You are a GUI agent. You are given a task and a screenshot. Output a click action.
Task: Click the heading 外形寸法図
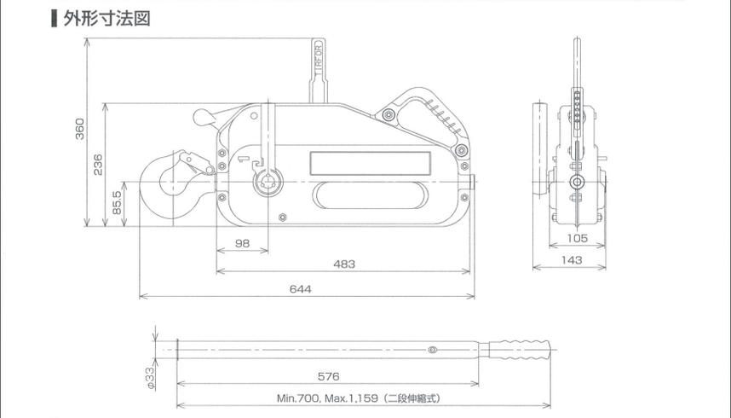coord(106,19)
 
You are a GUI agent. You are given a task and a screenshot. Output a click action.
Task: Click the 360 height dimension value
coord(79,128)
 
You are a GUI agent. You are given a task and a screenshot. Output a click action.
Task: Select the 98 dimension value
coord(242,244)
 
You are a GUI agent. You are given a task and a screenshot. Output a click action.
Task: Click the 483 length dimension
coord(343,264)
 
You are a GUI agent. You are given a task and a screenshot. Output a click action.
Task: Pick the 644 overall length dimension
coord(300,289)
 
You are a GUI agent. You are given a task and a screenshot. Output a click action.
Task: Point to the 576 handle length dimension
coord(328,374)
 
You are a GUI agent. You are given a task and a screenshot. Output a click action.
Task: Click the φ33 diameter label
coord(149,374)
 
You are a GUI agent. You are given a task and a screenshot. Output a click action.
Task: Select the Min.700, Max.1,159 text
coord(358,398)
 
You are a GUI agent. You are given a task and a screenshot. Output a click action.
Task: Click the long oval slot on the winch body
coord(371,194)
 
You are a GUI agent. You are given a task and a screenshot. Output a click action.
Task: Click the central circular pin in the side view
coord(578,183)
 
